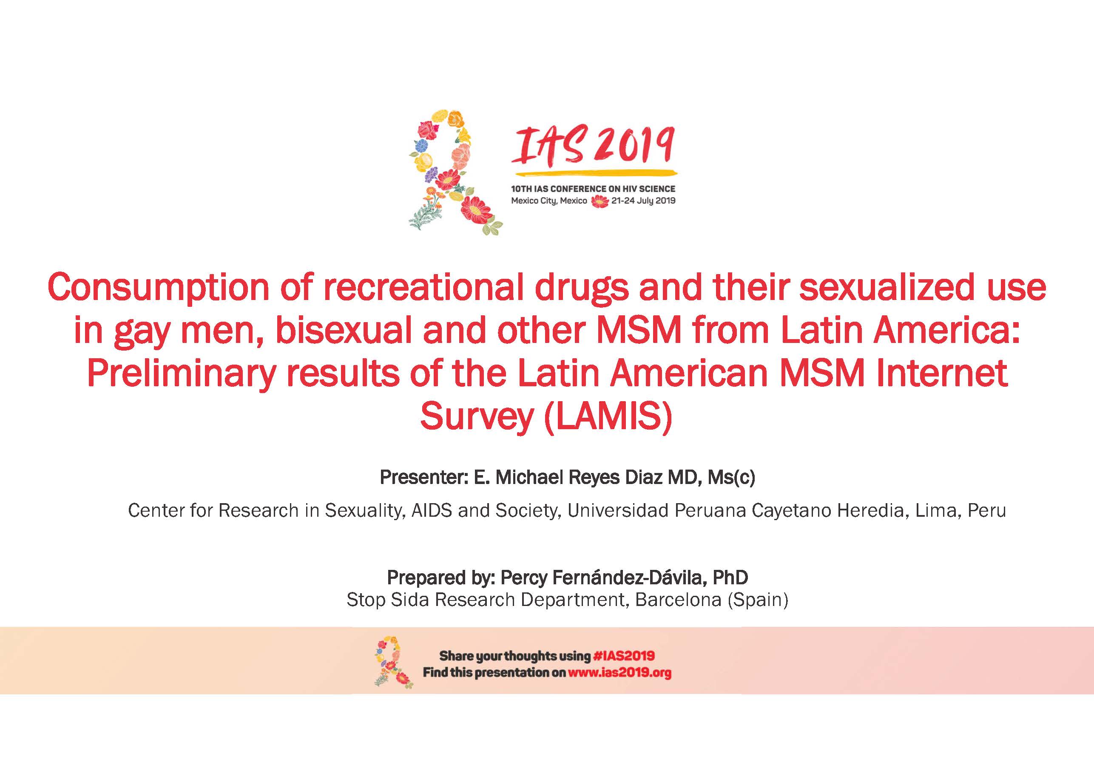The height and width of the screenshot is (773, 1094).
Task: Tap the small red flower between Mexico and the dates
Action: coord(600,201)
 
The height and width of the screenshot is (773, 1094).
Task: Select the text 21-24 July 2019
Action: coord(643,201)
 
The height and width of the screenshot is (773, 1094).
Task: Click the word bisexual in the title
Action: coord(344,331)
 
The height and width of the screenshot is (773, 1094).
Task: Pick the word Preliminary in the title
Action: coord(182,374)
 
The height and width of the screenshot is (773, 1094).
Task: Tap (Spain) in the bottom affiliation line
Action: coord(758,600)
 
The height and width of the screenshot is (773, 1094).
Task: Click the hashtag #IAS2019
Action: coord(624,656)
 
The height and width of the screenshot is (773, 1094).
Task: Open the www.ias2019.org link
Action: coord(619,673)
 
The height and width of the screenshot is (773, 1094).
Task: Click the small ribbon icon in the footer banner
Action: coord(394,662)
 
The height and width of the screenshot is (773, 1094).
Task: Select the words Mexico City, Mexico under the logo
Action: coord(549,201)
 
